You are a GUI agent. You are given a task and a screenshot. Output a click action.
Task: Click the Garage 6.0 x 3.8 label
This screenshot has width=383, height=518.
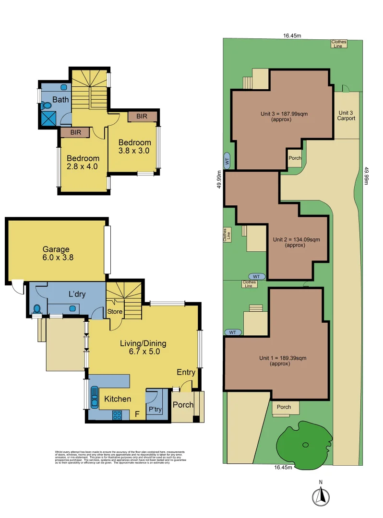tap(56, 253)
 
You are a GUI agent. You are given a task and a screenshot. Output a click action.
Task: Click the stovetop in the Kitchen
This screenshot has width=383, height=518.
tap(117, 415)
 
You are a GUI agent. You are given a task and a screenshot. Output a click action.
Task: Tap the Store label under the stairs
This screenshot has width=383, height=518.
tap(115, 312)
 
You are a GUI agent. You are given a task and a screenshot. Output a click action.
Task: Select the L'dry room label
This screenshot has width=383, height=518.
tap(77, 294)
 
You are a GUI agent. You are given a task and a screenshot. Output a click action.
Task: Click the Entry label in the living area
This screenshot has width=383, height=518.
tap(186, 372)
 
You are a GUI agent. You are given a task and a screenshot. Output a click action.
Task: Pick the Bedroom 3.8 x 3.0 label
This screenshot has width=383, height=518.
tap(134, 146)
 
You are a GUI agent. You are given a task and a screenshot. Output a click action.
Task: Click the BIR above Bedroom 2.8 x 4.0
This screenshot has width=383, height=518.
tap(75, 132)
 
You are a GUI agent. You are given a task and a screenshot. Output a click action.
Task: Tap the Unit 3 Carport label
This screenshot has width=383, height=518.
tap(346, 115)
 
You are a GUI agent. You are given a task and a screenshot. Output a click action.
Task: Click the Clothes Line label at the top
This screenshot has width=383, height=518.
tap(338, 44)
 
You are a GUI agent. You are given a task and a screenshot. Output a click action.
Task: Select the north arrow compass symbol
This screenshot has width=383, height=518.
tap(321, 496)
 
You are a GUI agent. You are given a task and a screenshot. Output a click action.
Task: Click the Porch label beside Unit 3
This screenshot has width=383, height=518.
tap(294, 158)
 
